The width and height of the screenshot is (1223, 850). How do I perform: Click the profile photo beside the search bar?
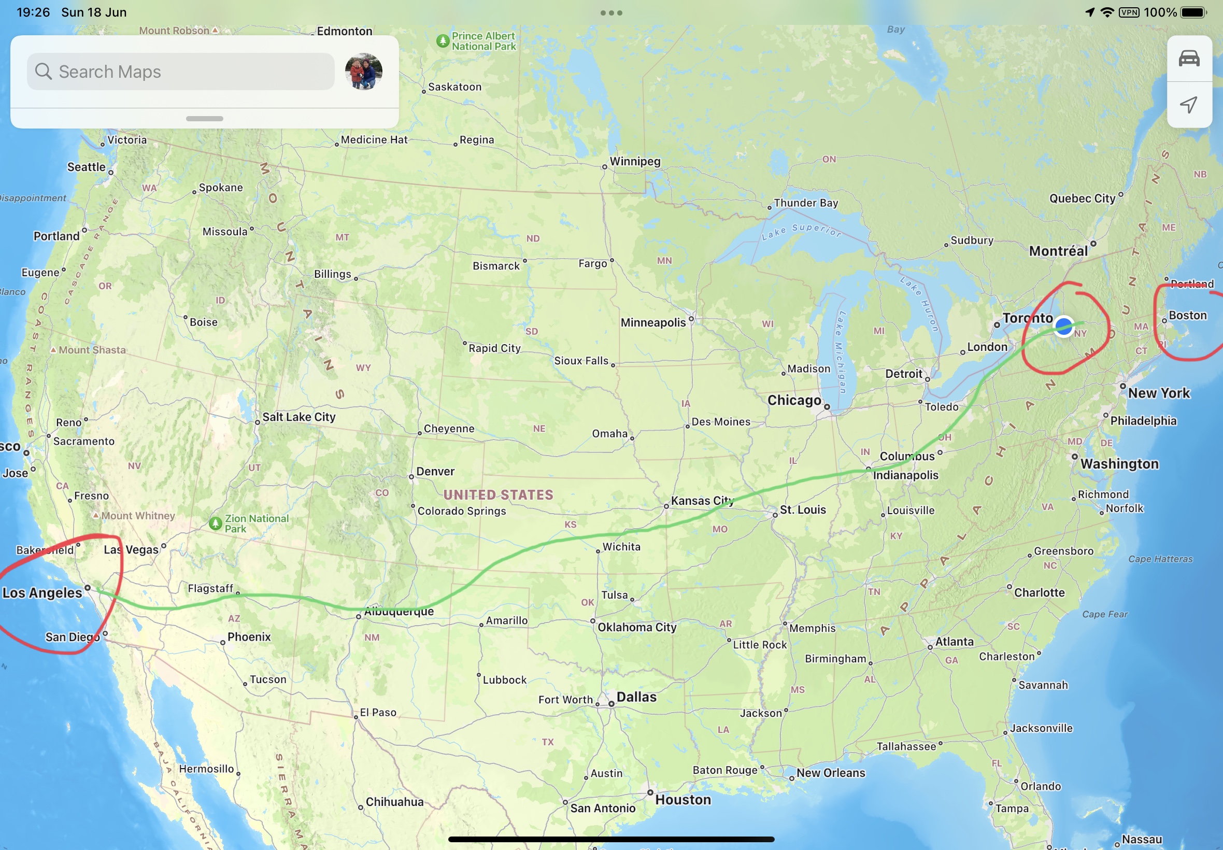click(x=364, y=72)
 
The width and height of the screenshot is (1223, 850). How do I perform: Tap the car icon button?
click(x=1189, y=59)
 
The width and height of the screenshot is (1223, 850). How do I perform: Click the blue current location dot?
click(x=1063, y=326)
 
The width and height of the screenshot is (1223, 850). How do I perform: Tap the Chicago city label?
click(x=794, y=401)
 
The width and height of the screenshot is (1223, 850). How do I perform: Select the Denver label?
click(x=435, y=472)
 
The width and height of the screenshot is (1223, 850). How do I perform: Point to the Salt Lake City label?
click(x=298, y=417)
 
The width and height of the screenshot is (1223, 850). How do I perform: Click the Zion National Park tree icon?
click(x=216, y=523)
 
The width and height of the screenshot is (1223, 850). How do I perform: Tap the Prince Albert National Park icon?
click(x=443, y=41)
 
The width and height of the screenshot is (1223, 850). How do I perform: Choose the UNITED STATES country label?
click(x=499, y=495)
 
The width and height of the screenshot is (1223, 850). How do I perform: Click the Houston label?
click(x=683, y=800)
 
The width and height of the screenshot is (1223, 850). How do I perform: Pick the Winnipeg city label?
click(x=635, y=161)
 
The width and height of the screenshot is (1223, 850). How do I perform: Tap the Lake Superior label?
click(x=801, y=231)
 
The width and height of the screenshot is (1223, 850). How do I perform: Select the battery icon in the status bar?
click(x=1193, y=12)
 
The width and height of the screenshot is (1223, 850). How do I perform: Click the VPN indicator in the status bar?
click(x=1129, y=12)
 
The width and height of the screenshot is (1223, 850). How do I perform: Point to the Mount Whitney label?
click(x=138, y=516)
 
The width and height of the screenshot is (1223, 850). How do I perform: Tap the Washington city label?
click(x=1119, y=464)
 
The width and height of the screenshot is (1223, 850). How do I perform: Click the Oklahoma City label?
click(x=637, y=627)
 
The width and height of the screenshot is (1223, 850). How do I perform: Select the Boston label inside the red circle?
click(x=1187, y=316)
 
